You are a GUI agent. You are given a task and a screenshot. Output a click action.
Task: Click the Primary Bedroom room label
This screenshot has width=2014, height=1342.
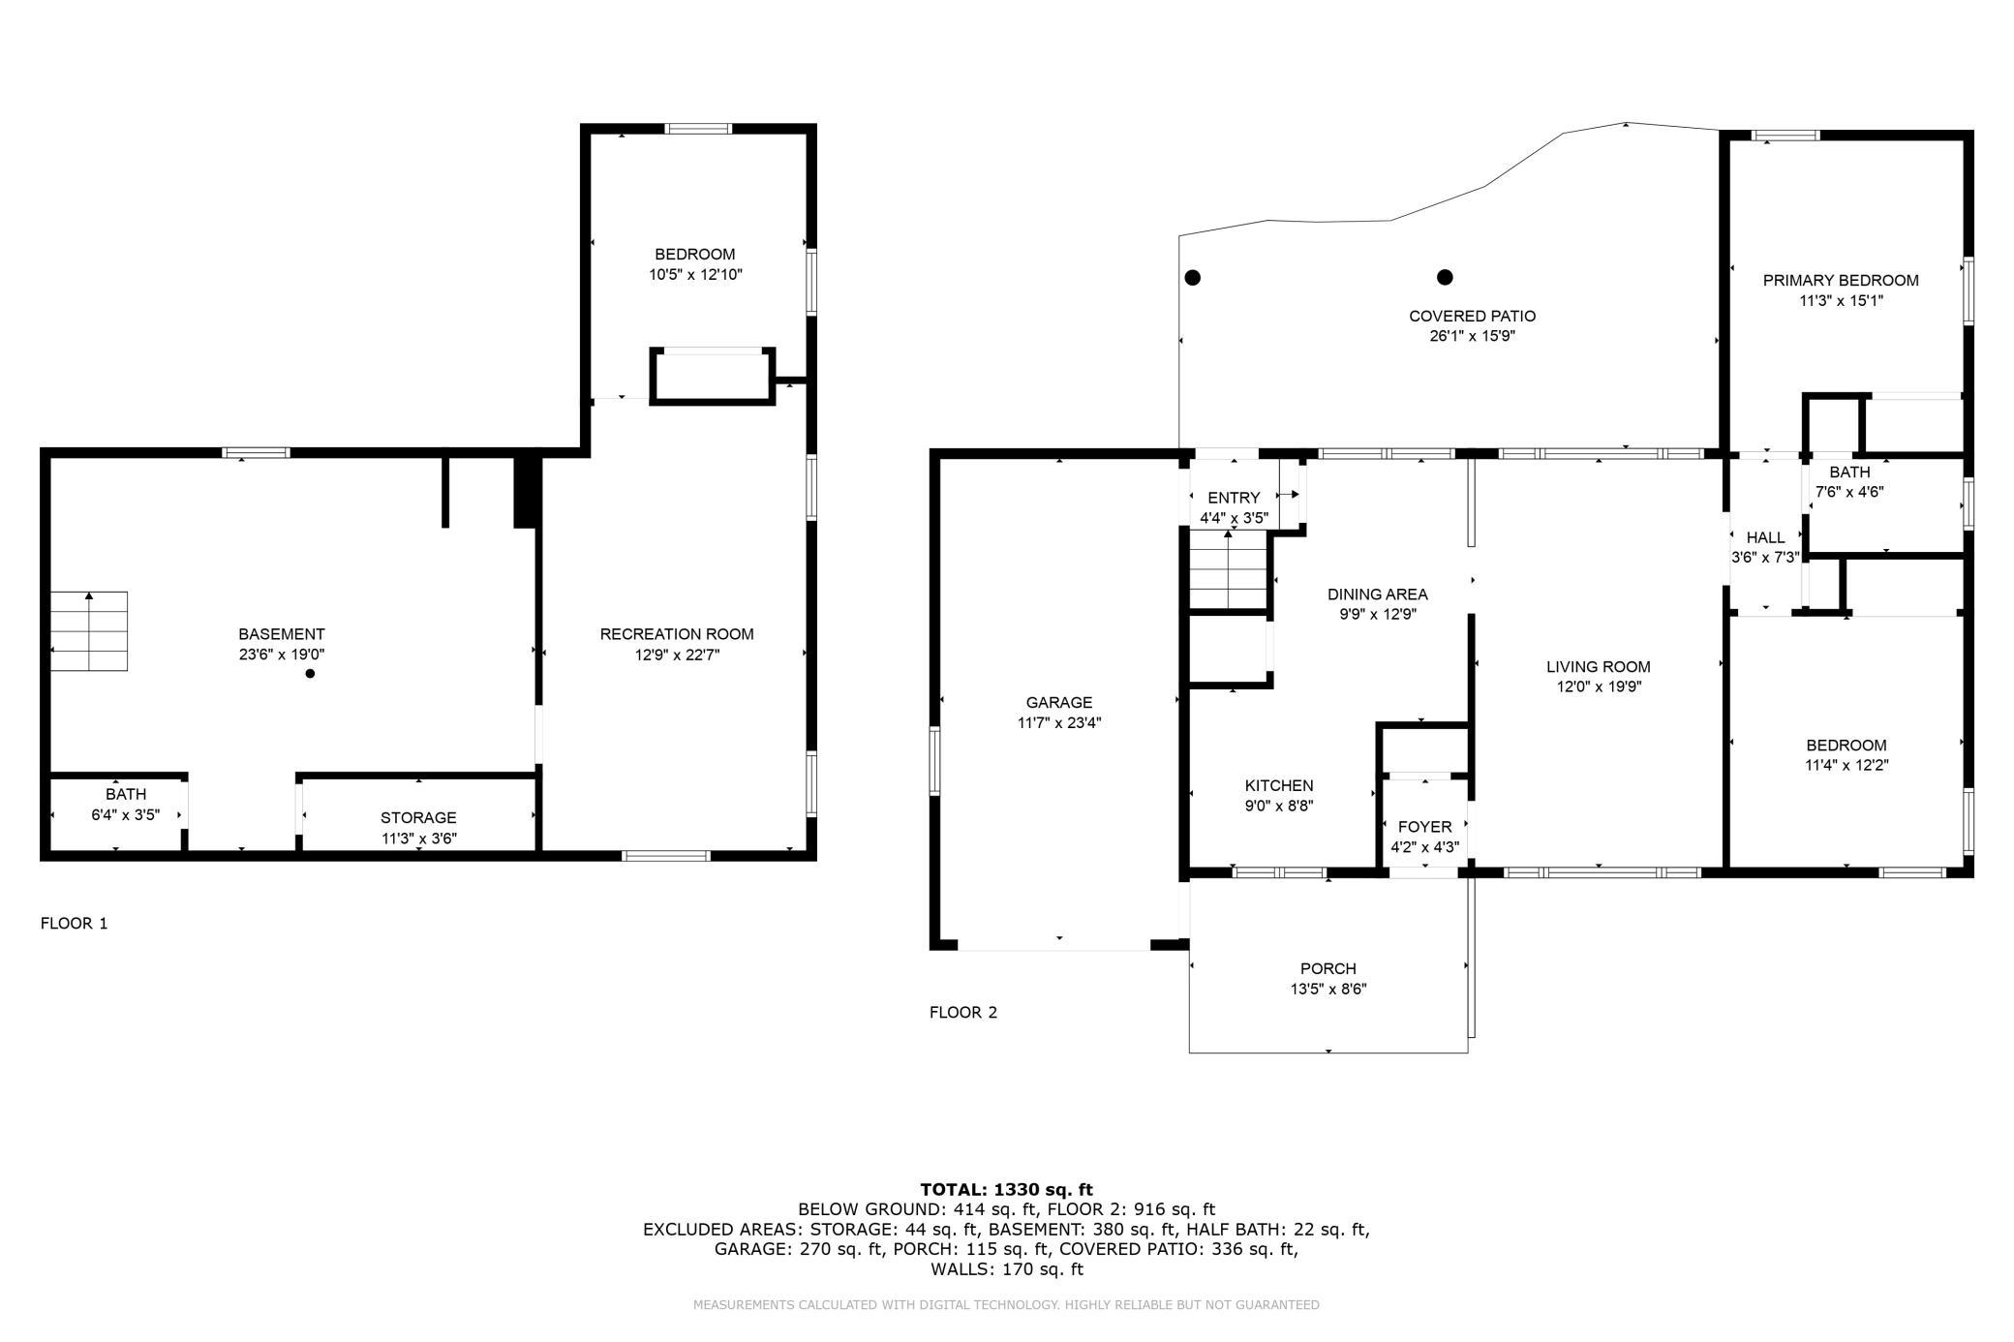(1841, 281)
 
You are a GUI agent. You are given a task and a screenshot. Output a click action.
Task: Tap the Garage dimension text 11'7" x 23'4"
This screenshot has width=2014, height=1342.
(1059, 722)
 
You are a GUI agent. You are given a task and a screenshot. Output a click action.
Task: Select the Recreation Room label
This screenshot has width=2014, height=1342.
(677, 634)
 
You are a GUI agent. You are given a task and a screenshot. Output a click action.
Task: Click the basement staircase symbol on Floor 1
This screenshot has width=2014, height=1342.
(89, 630)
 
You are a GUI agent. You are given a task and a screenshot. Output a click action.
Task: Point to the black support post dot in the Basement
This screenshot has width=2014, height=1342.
(311, 674)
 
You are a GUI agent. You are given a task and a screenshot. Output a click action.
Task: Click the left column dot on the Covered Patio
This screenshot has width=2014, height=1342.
(1193, 278)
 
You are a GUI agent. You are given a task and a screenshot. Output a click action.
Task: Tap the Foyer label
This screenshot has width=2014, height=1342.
(1424, 827)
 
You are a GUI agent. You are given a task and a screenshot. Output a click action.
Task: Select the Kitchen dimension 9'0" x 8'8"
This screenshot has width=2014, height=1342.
(1279, 806)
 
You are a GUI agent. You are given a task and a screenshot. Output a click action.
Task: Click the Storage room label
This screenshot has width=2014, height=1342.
(418, 818)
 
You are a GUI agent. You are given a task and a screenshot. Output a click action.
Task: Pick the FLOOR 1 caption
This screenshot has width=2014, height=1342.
(75, 924)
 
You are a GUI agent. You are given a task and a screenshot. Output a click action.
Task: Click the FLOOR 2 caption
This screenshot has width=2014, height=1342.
(963, 1013)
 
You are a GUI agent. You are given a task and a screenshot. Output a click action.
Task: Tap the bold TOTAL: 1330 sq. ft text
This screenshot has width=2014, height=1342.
(1006, 1190)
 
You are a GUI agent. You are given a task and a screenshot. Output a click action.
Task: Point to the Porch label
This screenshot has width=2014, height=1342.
(1328, 969)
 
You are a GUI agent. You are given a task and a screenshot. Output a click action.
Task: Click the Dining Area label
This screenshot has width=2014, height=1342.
(1378, 595)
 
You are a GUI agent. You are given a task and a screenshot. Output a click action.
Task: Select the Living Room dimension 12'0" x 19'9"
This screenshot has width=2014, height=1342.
(1599, 687)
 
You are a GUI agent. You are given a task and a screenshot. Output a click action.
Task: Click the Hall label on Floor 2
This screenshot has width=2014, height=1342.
(1765, 538)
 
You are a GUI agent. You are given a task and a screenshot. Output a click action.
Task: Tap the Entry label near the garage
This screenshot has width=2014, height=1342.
(1234, 499)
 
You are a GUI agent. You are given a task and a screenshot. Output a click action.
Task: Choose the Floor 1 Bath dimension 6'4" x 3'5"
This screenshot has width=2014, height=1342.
(126, 815)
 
